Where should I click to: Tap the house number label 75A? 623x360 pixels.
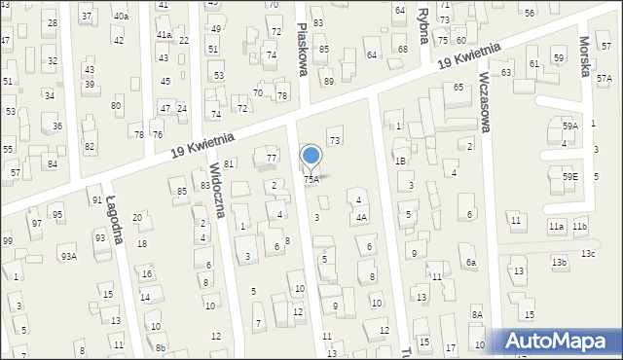(311, 180)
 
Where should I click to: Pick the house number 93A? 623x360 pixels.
(68, 257)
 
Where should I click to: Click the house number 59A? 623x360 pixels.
(570, 126)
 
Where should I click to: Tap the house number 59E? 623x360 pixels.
(570, 176)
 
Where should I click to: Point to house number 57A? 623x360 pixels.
(604, 79)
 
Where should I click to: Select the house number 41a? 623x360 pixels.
(165, 35)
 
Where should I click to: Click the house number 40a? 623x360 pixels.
(120, 17)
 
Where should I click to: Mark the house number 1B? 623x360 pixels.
(400, 161)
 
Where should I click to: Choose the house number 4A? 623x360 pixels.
(361, 218)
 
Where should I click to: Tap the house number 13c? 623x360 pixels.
(588, 254)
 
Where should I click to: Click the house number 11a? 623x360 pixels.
(555, 227)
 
